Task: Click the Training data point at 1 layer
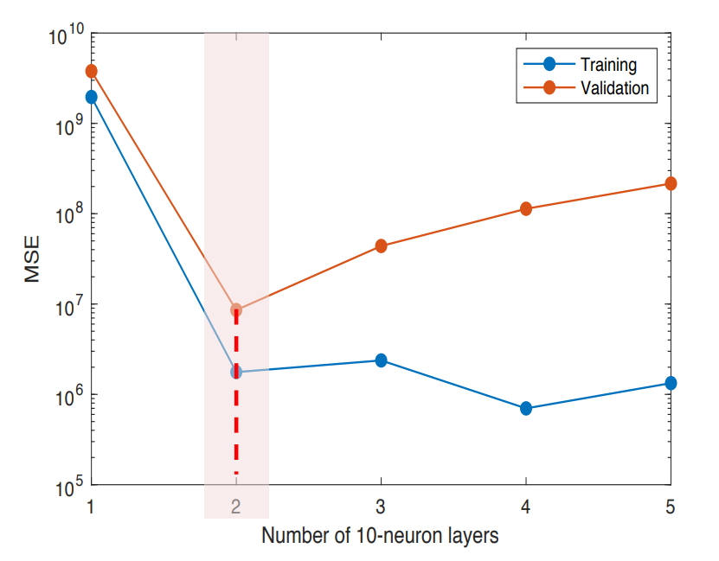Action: point(91,97)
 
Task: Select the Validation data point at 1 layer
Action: point(91,71)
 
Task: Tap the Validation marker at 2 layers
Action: point(236,309)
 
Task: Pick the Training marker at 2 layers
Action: point(236,372)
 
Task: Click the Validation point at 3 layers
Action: point(381,246)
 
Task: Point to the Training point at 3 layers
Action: point(381,360)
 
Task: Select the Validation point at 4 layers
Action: point(525,209)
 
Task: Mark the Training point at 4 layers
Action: point(525,408)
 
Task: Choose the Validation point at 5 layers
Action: point(671,184)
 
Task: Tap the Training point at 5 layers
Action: point(671,383)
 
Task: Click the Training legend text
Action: point(608,65)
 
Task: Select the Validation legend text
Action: point(614,87)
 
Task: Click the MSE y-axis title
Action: point(32,259)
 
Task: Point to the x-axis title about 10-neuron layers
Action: point(380,536)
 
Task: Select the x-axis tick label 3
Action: point(381,506)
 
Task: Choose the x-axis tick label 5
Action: point(671,506)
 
